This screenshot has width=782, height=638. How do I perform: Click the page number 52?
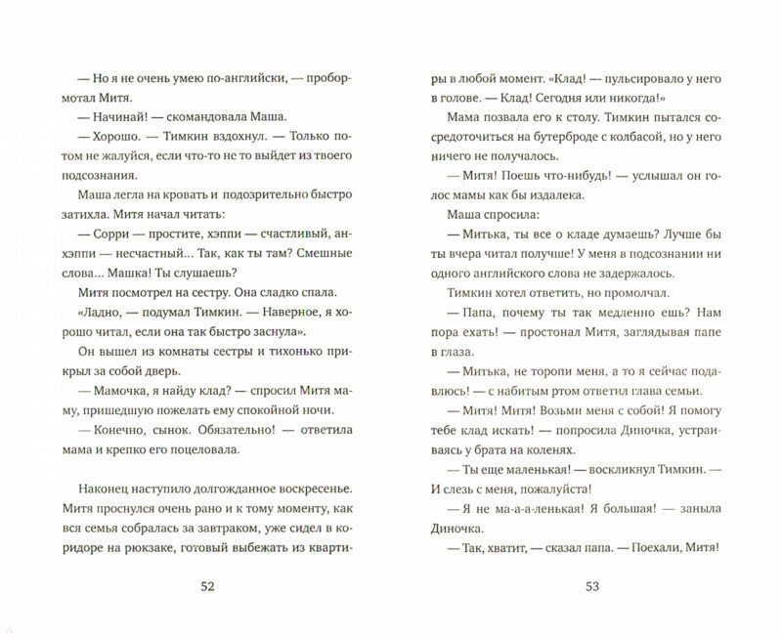pos(207,586)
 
